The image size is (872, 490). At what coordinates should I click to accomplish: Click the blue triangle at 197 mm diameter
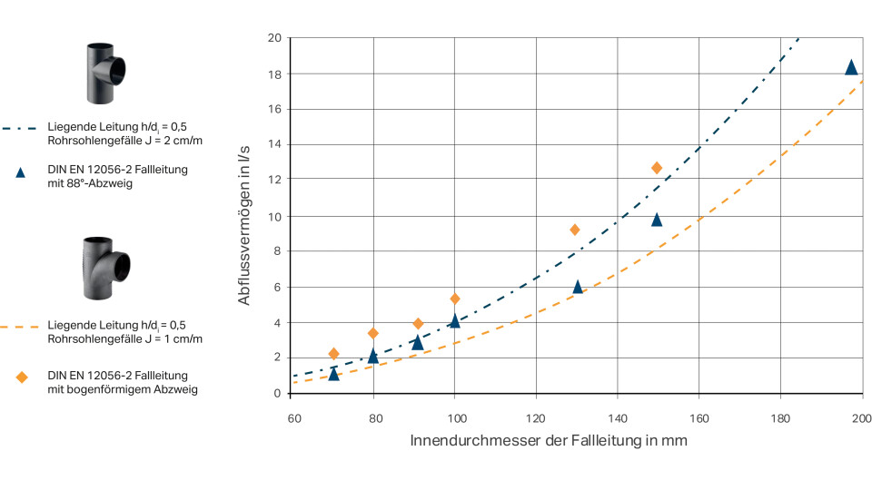851,67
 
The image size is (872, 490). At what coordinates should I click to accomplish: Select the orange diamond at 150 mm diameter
657,168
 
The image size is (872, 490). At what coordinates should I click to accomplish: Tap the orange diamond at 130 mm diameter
575,230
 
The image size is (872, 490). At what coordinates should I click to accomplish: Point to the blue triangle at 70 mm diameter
333,374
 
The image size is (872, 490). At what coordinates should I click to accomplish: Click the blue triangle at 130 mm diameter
578,287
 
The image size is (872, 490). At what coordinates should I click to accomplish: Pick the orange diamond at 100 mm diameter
455,299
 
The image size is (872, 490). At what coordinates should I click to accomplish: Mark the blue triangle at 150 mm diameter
657,220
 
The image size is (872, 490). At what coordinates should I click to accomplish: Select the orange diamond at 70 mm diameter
333,353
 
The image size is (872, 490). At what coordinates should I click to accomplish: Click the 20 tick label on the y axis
274,38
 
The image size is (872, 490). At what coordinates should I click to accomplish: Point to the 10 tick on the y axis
274,216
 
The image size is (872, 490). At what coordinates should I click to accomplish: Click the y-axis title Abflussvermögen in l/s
245,215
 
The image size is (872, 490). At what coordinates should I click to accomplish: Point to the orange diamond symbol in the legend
22,377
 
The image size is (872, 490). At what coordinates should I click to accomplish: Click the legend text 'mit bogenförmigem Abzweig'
123,389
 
